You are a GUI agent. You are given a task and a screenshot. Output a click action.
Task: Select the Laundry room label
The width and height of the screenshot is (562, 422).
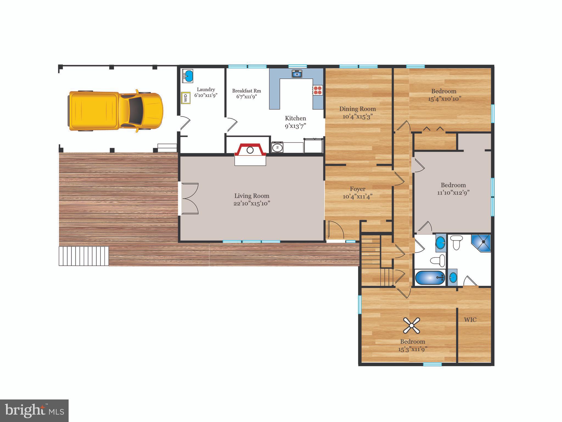[x=206, y=90]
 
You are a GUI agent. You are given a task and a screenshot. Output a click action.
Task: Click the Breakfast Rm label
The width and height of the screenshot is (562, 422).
[x=246, y=91]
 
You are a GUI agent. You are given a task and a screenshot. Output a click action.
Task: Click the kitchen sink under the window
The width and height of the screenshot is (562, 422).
[x=297, y=74]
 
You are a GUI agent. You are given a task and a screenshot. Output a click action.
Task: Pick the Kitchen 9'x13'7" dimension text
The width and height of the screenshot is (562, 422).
[x=295, y=126]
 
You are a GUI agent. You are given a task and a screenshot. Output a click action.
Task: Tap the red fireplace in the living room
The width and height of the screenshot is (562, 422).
[x=250, y=150]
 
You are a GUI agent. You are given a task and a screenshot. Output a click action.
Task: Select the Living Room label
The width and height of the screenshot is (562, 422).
[x=252, y=196]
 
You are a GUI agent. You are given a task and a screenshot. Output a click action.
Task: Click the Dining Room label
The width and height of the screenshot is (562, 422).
[x=357, y=109]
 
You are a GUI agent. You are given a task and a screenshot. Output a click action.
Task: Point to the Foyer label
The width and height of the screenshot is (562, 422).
[x=358, y=189]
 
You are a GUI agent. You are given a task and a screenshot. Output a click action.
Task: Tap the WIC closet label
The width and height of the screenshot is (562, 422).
[x=470, y=320]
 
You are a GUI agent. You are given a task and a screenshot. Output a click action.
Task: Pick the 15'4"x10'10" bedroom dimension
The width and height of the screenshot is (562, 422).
[x=443, y=99]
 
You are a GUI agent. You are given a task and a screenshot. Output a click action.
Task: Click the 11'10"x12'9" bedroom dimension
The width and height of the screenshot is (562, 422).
[x=453, y=193]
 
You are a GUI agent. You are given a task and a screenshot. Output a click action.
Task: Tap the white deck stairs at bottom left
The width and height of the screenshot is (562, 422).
[x=84, y=256]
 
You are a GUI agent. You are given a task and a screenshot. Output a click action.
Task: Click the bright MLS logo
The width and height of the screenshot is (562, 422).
[x=34, y=410]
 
